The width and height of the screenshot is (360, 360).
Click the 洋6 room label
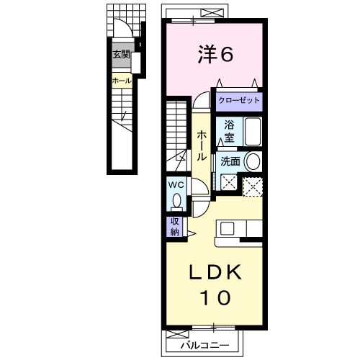(214, 55)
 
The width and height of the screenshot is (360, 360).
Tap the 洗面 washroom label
(230, 161)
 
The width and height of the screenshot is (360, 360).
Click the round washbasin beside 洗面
(252, 161)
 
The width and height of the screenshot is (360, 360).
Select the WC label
(177, 185)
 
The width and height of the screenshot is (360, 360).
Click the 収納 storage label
(175, 227)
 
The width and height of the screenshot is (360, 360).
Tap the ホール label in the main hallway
(202, 144)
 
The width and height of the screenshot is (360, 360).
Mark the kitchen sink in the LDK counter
(228, 229)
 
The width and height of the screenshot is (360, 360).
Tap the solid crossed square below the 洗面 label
(228, 184)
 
